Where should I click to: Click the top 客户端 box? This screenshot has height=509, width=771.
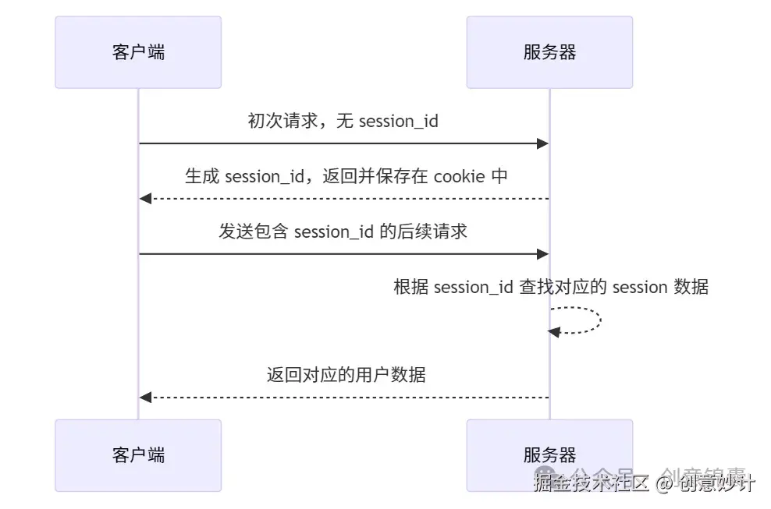click(x=138, y=52)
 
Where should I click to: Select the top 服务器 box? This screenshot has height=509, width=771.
click(x=549, y=52)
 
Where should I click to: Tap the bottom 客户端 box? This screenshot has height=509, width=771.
click(x=138, y=455)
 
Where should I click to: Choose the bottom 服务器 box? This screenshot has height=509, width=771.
click(x=549, y=455)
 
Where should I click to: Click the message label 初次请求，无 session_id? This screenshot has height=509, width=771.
click(x=343, y=121)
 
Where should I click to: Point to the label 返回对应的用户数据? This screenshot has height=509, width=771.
click(x=346, y=375)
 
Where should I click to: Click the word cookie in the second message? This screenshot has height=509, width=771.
click(x=460, y=176)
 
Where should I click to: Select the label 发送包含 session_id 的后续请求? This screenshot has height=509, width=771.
click(x=343, y=232)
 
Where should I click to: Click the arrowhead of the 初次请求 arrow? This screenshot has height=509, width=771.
click(x=543, y=143)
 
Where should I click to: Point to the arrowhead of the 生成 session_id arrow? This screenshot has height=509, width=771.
click(x=145, y=199)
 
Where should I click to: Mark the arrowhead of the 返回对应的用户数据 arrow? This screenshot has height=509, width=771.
click(x=145, y=398)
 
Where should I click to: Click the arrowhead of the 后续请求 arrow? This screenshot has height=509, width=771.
click(x=543, y=254)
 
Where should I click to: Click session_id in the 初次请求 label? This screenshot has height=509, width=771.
click(x=398, y=121)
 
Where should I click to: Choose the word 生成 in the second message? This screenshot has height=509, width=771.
click(x=201, y=176)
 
